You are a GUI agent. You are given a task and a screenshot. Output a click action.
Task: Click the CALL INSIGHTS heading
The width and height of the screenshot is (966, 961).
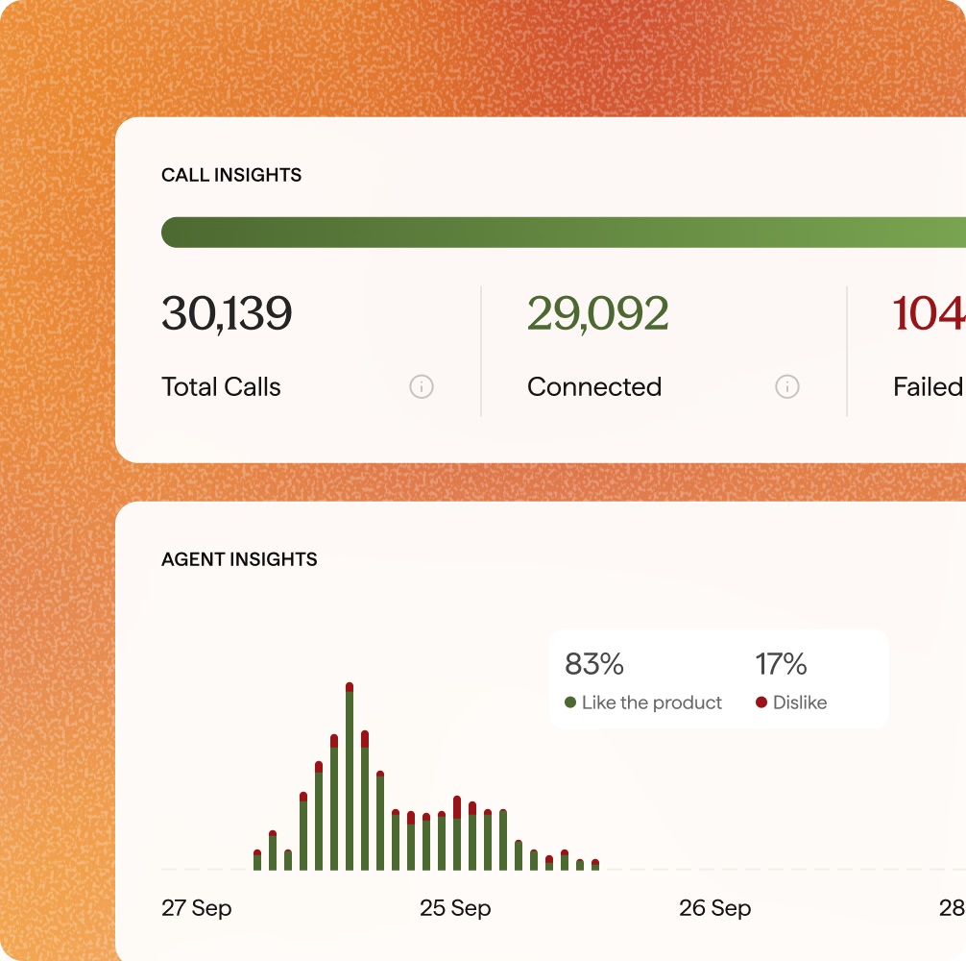point(231,175)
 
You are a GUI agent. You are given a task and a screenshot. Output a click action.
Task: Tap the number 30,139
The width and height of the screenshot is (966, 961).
point(227,314)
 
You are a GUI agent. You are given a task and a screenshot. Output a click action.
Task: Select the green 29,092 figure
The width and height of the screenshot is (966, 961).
point(597,314)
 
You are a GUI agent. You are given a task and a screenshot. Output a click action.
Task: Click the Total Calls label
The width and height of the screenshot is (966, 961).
point(221,387)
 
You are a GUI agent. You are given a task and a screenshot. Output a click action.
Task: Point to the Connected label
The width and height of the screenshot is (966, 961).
point(594,387)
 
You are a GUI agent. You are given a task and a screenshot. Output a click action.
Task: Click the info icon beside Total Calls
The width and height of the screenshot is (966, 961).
point(422,387)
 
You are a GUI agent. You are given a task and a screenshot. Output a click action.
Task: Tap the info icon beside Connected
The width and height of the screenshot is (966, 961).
point(787,387)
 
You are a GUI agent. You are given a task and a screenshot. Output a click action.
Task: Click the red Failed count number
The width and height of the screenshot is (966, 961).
point(929,314)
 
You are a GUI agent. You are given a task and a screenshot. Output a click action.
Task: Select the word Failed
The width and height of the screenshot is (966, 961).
point(928,387)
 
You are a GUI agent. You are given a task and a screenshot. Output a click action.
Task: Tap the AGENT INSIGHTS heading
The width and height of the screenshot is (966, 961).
point(239,559)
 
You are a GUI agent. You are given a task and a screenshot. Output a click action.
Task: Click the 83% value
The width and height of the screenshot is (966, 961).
point(594,664)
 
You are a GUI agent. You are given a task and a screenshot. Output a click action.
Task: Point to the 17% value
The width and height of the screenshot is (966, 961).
point(781,664)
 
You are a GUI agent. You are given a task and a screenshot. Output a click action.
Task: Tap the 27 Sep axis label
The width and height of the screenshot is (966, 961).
point(197,908)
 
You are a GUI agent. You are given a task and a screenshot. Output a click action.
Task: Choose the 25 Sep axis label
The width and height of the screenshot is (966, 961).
point(455,908)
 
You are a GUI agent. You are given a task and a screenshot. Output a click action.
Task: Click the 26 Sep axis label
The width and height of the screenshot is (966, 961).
point(714,908)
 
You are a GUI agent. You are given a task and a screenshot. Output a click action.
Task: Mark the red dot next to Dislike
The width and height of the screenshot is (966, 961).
point(761,702)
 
